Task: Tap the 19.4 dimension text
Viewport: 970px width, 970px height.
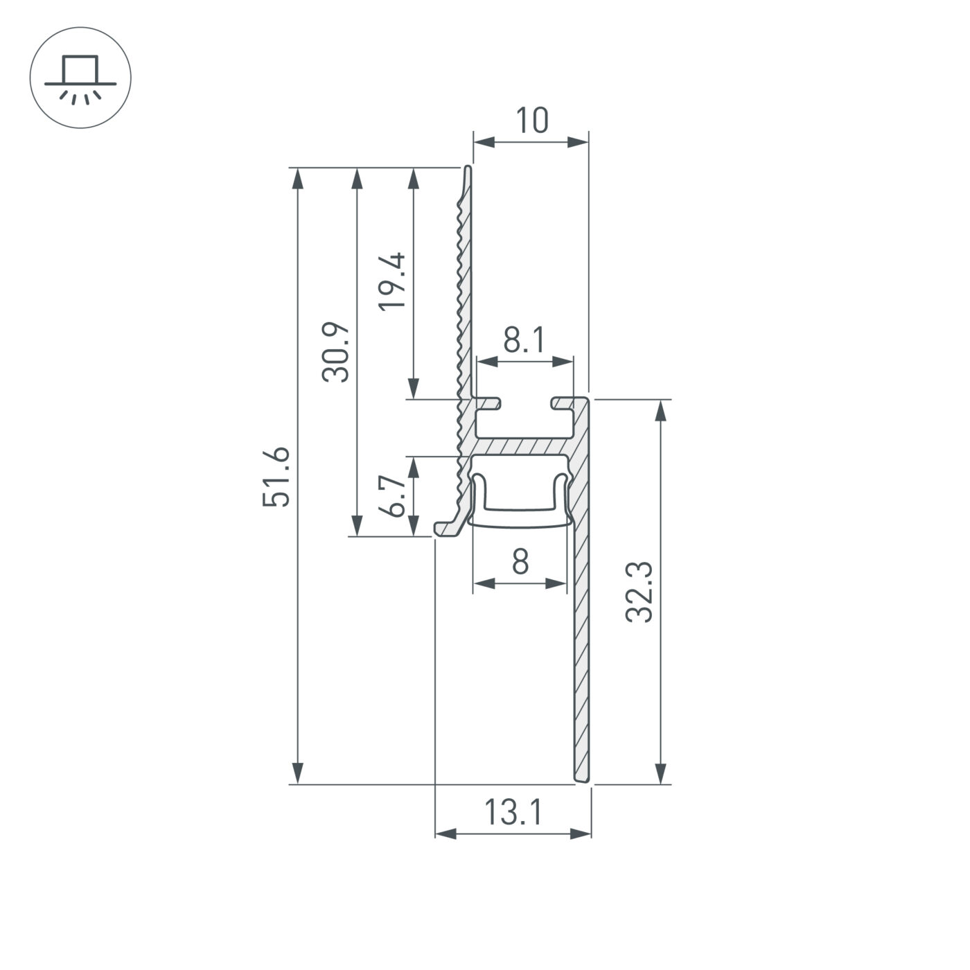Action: click(x=393, y=282)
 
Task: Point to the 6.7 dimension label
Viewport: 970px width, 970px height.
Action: click(x=393, y=496)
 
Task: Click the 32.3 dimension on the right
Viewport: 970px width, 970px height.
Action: click(x=639, y=592)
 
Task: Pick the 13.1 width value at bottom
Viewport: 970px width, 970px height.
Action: click(x=513, y=812)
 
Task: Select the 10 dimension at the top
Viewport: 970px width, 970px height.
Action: click(x=532, y=121)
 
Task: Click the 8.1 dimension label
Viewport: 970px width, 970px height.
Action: click(x=524, y=341)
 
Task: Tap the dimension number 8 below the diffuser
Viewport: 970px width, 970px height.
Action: click(x=520, y=561)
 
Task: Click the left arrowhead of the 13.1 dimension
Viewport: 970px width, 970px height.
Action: click(x=447, y=833)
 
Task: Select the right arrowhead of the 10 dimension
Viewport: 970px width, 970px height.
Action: click(x=577, y=142)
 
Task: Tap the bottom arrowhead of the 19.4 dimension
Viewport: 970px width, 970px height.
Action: click(x=414, y=387)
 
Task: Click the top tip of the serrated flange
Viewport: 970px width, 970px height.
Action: click(x=468, y=170)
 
